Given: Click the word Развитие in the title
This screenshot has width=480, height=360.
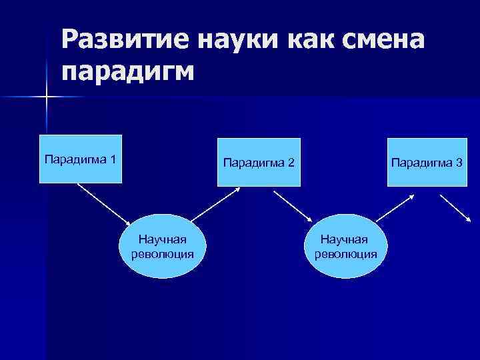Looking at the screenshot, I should [126, 42].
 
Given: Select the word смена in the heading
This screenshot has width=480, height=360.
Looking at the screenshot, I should [385, 42].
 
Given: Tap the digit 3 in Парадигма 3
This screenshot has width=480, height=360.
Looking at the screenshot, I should [460, 162].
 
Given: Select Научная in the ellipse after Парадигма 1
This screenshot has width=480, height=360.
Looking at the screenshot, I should [162, 238].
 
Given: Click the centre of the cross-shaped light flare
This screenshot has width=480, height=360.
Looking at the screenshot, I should [46, 97].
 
